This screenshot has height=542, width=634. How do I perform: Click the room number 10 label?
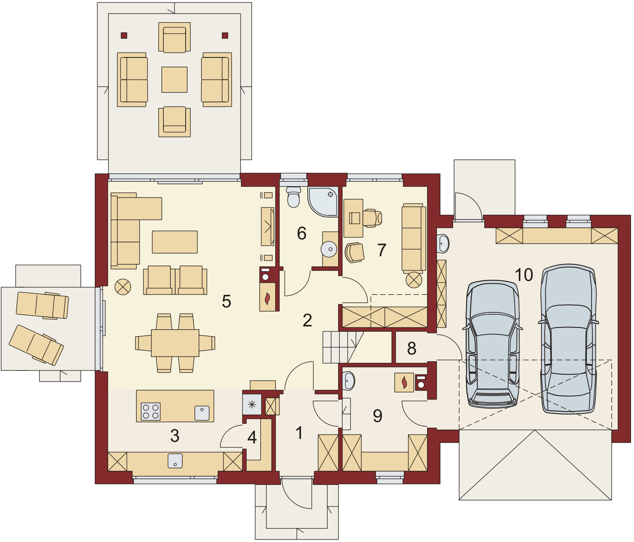524,274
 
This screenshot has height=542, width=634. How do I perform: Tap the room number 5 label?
227,302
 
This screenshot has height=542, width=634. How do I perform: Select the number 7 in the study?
382,250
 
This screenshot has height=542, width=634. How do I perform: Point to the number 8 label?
412,348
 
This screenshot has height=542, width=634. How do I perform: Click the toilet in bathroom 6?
293,197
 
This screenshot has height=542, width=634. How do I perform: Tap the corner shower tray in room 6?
323,202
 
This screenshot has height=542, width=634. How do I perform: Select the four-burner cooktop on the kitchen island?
150,411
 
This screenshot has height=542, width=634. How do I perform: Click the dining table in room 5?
175,343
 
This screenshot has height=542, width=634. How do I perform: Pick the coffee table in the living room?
175,242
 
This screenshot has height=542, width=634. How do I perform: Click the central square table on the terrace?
174,80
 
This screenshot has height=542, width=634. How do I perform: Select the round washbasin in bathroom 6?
329,249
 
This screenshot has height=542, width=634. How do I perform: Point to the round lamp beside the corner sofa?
123,287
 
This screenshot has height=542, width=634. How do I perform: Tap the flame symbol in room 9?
404,383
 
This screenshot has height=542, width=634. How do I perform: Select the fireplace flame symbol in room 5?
267,298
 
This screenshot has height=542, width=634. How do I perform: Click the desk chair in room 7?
372,218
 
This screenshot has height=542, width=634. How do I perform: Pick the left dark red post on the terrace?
124,36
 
